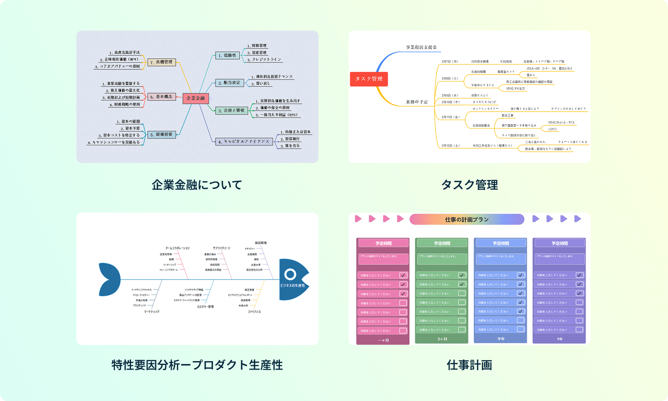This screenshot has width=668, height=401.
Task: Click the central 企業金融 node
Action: [196, 98]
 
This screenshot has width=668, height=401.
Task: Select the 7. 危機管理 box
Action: [162, 62]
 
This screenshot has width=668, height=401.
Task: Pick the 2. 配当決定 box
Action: [229, 83]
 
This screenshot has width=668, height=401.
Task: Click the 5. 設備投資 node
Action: [162, 135]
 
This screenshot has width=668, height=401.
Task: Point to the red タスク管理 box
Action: [369, 79]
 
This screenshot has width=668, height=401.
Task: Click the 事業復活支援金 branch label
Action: [421, 47]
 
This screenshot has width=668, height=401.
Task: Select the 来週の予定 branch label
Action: [417, 102]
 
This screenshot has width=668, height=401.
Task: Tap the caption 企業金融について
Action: [197, 185]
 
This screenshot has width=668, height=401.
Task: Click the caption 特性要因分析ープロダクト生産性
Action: [197, 365]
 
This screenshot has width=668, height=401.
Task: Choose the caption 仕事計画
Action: [469, 365]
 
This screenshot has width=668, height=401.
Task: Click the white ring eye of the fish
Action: [290, 274]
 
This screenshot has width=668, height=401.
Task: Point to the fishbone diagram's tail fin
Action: [109, 279]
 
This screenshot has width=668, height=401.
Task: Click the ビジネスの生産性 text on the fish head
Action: [292, 286]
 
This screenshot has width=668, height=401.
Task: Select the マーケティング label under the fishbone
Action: [151, 312]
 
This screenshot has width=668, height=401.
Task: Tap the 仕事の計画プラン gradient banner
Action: [467, 219]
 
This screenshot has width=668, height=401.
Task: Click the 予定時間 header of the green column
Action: [442, 243]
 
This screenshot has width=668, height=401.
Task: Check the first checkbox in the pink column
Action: [403, 275]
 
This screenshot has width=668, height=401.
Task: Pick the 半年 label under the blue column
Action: [501, 339]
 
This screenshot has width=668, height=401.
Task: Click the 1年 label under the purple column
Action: [559, 339]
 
